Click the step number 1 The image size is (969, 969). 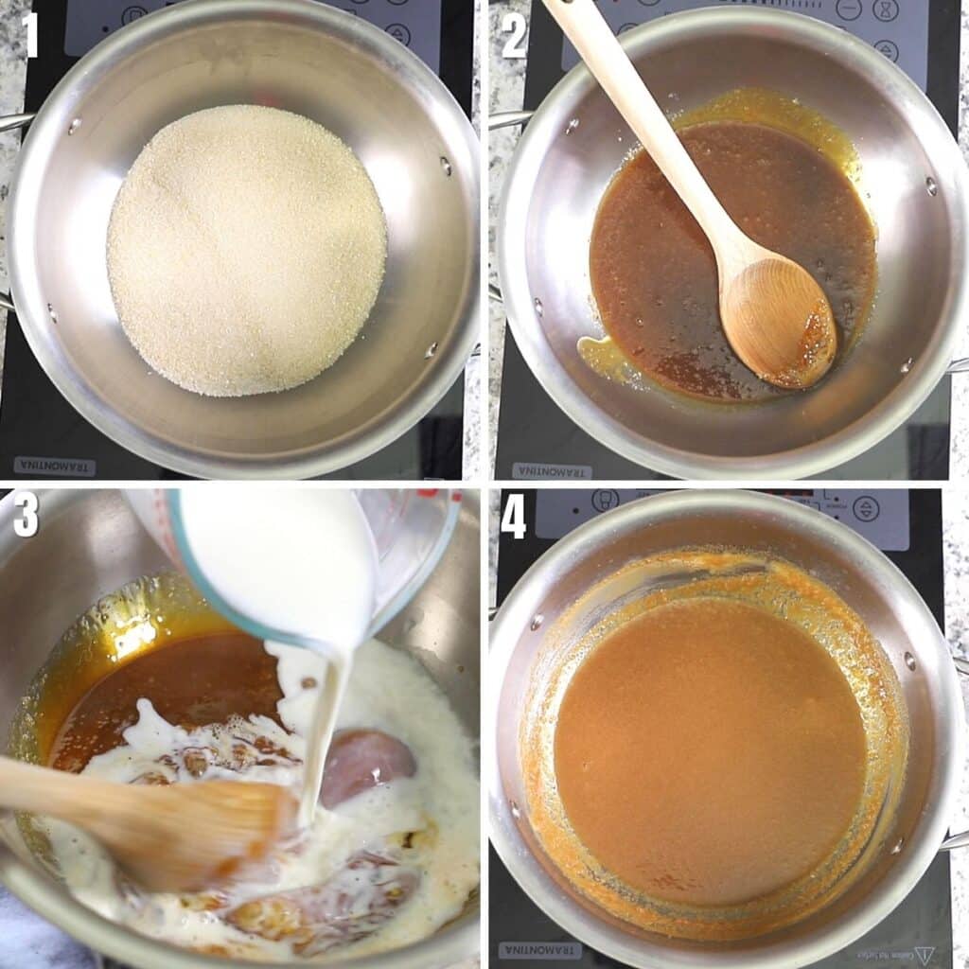(30, 35)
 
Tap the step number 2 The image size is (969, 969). (514, 37)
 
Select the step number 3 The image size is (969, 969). (26, 516)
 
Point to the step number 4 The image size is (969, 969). (513, 518)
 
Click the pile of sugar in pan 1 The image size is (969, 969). (246, 251)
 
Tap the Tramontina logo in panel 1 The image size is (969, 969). (54, 466)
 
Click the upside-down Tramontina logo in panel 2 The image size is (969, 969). (552, 470)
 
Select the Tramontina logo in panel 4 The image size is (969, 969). (540, 949)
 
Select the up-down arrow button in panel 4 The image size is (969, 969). (865, 508)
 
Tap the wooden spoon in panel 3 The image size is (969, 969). (142, 814)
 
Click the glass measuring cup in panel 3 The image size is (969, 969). (303, 558)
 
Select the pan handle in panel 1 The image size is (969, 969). (14, 123)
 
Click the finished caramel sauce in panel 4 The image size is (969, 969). (710, 748)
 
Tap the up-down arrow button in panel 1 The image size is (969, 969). (397, 34)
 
